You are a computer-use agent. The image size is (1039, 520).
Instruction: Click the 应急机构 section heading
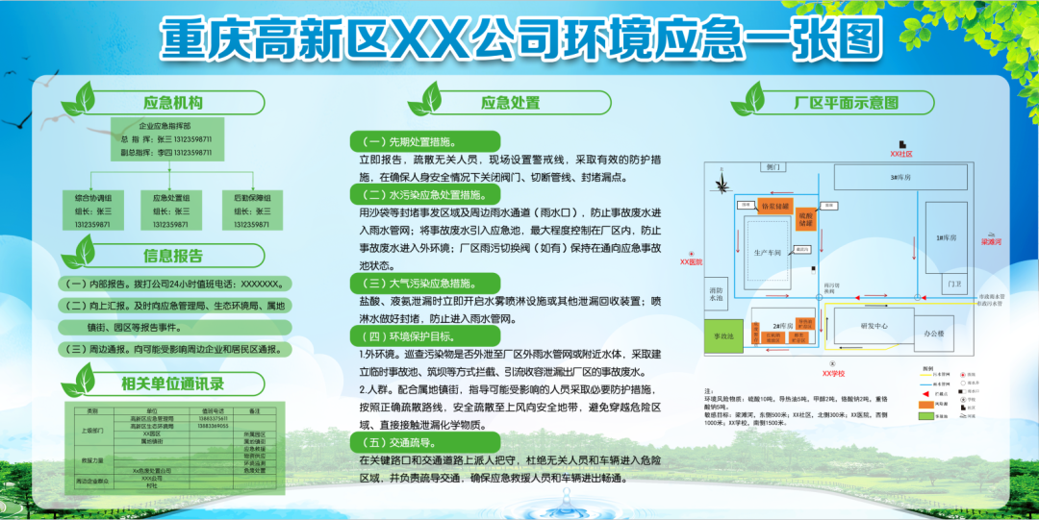(173, 103)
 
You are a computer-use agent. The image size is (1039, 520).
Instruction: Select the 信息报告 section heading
(173, 257)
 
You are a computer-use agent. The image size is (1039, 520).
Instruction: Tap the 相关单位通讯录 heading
(173, 384)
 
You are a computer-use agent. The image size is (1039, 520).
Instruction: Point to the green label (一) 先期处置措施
(422, 139)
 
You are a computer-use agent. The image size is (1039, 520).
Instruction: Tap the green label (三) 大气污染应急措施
(422, 284)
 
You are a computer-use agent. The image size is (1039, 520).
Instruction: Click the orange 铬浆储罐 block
(774, 206)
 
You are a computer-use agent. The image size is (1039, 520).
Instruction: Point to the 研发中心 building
(874, 325)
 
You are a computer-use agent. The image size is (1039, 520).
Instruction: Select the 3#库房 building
(900, 178)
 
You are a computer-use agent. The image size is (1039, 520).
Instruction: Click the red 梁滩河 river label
(992, 242)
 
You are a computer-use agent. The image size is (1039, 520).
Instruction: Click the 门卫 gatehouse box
(953, 285)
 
